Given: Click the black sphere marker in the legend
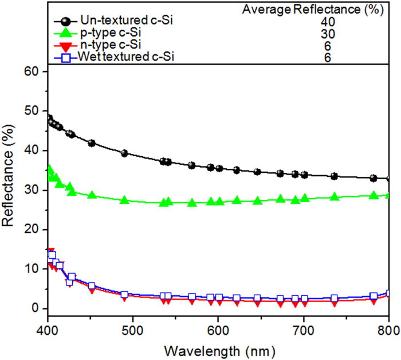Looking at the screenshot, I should pyautogui.click(x=66, y=22).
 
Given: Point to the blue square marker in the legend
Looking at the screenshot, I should pyautogui.click(x=66, y=57).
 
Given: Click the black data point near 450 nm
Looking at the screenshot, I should pyautogui.click(x=91, y=143).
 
